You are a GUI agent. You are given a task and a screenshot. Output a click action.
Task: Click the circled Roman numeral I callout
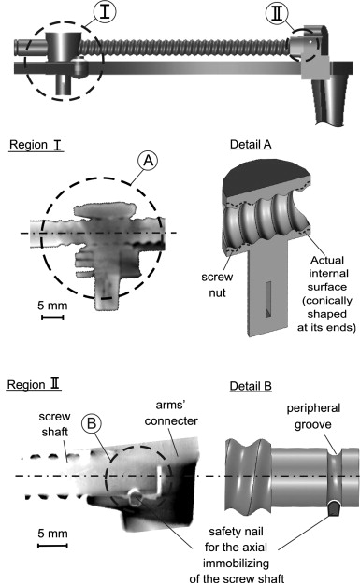105,12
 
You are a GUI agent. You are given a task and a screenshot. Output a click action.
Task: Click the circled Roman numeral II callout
277,14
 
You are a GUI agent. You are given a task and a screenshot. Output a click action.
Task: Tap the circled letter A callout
148,161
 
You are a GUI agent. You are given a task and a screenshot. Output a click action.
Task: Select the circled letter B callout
92,423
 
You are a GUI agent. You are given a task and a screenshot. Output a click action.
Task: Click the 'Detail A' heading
251,145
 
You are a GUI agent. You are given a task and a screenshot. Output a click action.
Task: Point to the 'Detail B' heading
251,386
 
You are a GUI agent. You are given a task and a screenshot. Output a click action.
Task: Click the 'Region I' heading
36,145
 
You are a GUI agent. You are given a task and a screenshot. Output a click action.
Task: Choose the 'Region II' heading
34,384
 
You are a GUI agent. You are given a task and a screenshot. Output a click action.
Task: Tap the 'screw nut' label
217,285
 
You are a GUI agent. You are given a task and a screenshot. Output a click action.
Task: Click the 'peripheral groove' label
313,417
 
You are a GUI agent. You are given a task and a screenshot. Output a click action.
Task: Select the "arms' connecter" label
171,413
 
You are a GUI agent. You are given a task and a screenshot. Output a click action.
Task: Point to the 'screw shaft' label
55,424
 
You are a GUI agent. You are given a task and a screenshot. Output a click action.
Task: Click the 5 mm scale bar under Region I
52,317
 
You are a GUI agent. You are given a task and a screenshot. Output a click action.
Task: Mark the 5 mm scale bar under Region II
52,546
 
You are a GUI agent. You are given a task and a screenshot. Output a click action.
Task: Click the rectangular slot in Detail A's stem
268,299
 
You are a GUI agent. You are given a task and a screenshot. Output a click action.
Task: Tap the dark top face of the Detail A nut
266,176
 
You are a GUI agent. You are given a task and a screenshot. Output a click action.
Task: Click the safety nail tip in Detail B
334,507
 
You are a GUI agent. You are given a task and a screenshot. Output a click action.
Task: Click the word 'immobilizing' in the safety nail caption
236,563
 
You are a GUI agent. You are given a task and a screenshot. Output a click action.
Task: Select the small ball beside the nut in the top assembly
79,66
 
